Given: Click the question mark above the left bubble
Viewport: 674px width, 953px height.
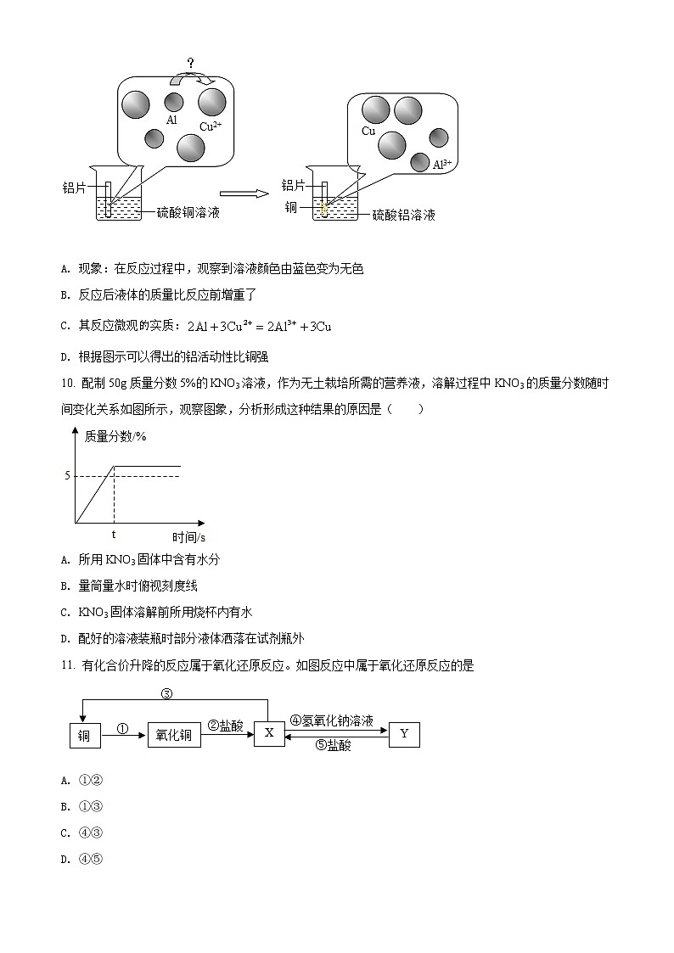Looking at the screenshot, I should tap(191, 64).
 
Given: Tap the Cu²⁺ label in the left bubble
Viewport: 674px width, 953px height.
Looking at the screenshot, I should tap(211, 126).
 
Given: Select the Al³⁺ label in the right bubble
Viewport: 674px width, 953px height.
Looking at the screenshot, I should tap(442, 164).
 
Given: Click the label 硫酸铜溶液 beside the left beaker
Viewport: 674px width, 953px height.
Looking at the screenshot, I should tap(188, 212).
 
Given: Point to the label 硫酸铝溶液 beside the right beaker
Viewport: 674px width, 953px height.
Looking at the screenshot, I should tap(404, 216).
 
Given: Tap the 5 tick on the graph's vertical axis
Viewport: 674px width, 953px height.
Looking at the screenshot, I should tap(67, 475).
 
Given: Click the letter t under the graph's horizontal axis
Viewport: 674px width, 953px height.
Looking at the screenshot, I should tap(114, 535).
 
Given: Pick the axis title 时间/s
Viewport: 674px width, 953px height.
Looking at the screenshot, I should tap(189, 536).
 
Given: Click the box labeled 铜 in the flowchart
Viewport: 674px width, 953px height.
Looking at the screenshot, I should tap(84, 736).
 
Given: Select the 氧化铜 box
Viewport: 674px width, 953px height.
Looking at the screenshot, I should tap(175, 736).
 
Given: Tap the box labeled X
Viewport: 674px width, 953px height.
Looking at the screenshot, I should tap(269, 732).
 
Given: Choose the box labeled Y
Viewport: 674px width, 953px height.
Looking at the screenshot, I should tap(404, 733).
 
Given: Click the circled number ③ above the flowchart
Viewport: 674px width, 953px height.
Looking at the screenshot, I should tap(166, 693).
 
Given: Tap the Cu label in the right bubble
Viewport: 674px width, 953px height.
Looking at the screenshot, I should tap(368, 131).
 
